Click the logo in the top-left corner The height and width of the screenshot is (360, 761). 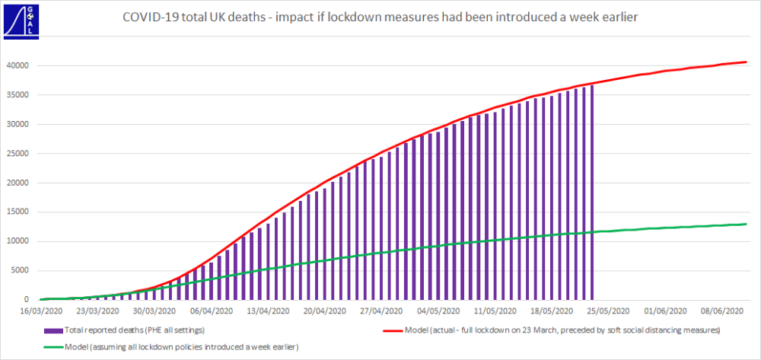(x=17, y=17)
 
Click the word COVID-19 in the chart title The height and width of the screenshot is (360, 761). (x=149, y=17)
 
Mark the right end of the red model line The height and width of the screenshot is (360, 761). (x=746, y=62)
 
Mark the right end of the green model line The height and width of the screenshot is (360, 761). (x=746, y=224)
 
